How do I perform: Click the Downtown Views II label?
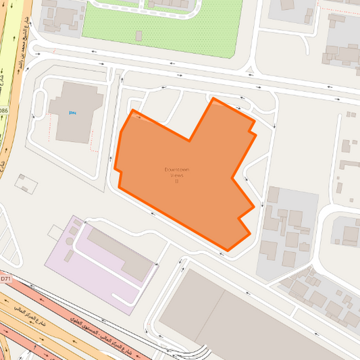pyautogui.click(x=176, y=175)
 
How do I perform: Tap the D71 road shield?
pyautogui.click(x=5, y=278)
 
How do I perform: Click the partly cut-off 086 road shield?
pyautogui.click(x=3, y=111)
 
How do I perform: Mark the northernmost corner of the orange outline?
pyautogui.click(x=213, y=99)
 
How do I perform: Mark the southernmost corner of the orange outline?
pyautogui.click(x=227, y=251)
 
